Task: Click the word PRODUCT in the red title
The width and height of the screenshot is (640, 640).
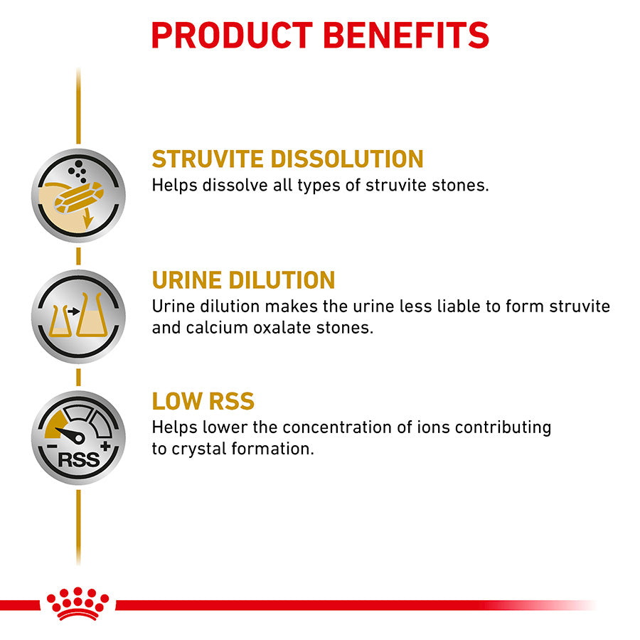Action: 232,35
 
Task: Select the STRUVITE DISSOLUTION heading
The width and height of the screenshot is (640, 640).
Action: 287,159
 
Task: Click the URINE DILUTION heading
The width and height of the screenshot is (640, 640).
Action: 243,279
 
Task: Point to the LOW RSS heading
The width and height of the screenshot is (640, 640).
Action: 203,401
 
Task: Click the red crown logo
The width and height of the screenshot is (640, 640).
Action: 78,604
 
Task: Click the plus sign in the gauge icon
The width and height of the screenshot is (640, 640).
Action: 106,447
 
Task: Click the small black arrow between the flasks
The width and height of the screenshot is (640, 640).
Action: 73,311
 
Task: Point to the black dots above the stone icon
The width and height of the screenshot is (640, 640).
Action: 73,171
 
